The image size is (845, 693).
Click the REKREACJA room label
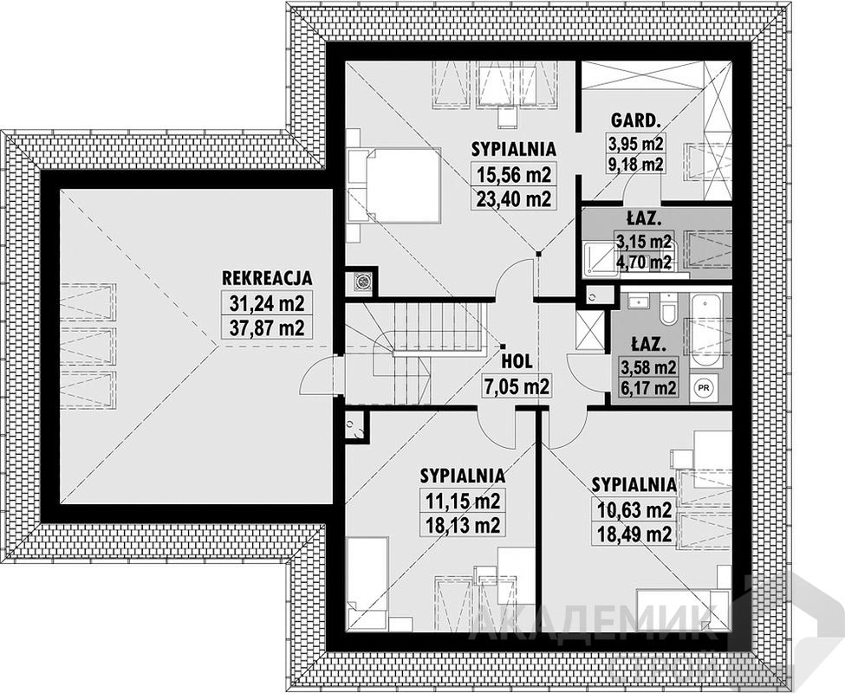click(267, 278)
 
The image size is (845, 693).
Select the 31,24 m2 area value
click(267, 304)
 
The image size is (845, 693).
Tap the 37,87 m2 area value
click(267, 327)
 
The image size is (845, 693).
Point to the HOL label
click(517, 361)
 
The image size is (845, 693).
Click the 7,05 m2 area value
click(516, 386)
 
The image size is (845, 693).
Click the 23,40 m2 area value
click(514, 199)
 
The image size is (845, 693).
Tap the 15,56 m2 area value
click(514, 175)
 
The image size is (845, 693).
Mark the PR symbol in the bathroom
click(703, 387)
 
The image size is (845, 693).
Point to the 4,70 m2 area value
click(645, 262)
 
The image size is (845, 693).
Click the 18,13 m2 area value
click(463, 524)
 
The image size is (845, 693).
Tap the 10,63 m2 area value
click(634, 509)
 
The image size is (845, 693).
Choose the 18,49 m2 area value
click(634, 534)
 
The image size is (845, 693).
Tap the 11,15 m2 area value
click(463, 501)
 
